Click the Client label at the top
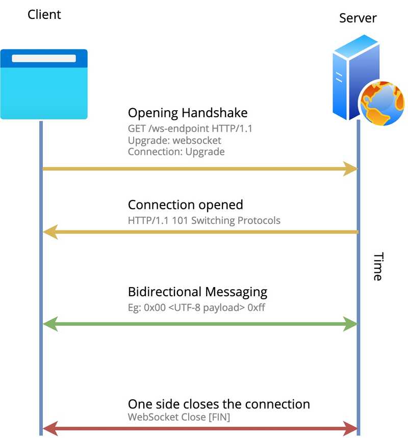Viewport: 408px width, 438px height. pos(44,14)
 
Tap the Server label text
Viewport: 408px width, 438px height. pos(358,18)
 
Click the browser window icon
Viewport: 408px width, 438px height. pos(44,85)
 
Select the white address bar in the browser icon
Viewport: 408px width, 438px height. pos(44,58)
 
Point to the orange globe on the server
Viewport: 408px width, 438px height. pos(382,104)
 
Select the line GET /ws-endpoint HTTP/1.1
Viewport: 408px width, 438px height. pos(190,129)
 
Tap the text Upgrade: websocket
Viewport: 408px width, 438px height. pos(174,140)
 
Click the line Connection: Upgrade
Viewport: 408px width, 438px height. pos(176,151)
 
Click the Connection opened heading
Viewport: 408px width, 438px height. pos(185,205)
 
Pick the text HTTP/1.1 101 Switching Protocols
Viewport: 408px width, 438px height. pos(204,221)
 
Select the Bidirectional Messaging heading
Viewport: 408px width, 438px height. pos(197,292)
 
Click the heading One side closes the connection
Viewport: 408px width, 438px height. pos(219,404)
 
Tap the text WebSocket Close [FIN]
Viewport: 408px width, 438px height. pos(178,417)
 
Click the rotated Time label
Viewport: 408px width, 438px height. pos(378,267)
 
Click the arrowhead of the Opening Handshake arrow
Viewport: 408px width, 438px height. pos(351,169)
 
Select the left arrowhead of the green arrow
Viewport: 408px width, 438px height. pos(49,323)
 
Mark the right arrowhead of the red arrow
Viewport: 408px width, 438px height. pos(351,428)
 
